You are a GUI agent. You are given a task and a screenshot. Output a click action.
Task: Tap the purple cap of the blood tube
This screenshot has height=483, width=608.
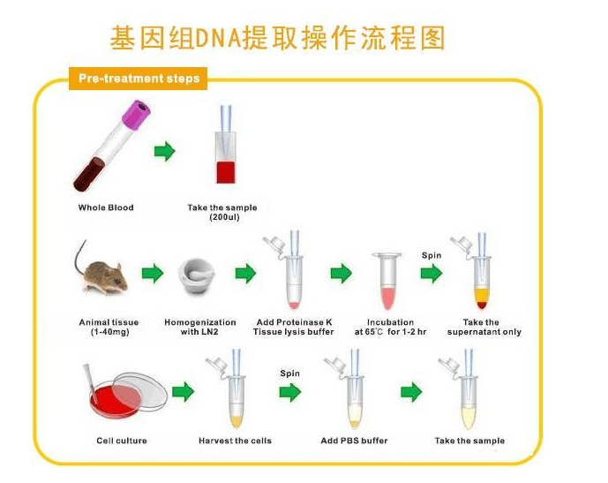coord(139,113)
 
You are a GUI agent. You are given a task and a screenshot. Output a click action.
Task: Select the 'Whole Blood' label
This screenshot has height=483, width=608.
coord(106,208)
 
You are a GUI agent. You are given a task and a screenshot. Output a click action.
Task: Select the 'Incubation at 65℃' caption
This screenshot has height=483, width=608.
coord(389,327)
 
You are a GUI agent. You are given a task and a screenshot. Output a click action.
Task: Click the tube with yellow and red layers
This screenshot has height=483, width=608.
coord(480,283)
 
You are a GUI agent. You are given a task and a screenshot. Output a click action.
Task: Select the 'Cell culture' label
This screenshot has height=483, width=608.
coord(122,441)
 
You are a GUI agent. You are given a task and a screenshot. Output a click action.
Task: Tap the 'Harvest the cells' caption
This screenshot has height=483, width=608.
coord(236,441)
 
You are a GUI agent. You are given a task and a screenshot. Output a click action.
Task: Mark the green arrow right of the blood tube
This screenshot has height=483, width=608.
coord(164,152)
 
